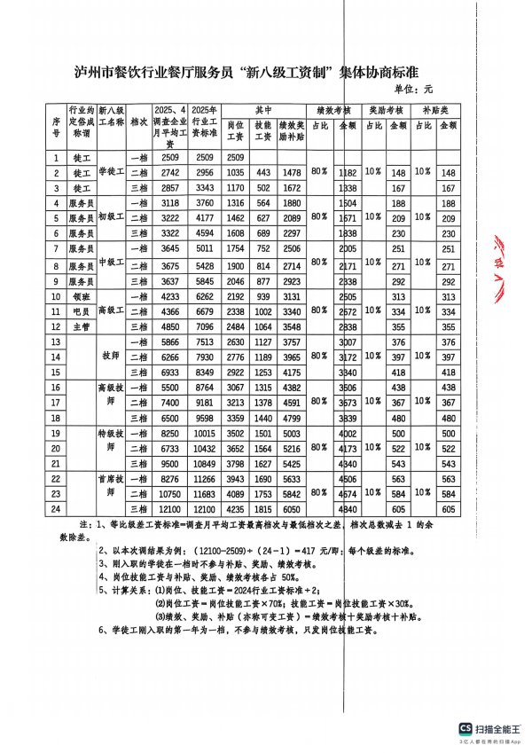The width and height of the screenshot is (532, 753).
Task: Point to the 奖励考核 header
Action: click(x=386, y=111)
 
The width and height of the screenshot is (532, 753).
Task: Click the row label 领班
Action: click(x=82, y=296)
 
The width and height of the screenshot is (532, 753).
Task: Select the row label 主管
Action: click(x=82, y=326)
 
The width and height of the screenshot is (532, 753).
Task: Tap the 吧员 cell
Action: click(x=82, y=311)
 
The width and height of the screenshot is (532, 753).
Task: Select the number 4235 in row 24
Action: click(x=235, y=508)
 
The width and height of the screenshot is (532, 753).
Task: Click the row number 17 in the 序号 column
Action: click(x=56, y=403)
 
